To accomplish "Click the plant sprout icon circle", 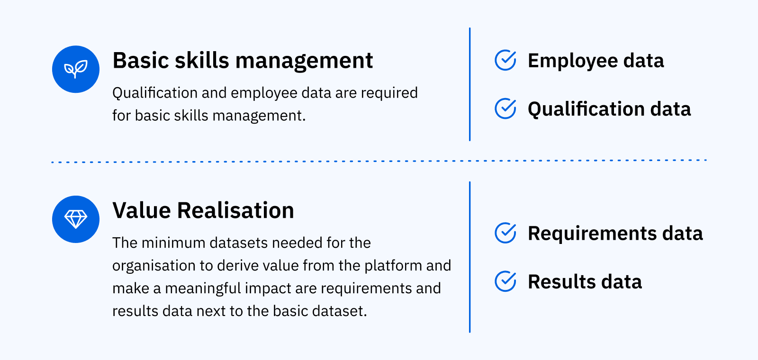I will pyautogui.click(x=76, y=69).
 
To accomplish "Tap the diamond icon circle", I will pyautogui.click(x=76, y=219).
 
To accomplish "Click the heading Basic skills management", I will pyautogui.click(x=243, y=61).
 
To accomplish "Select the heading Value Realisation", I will pyautogui.click(x=203, y=211).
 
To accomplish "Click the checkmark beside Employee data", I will pyautogui.click(x=505, y=60).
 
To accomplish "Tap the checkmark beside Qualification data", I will pyautogui.click(x=505, y=108).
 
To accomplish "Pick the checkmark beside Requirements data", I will pyautogui.click(x=505, y=233).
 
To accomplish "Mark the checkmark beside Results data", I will pyautogui.click(x=505, y=281).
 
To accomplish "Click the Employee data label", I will pyautogui.click(x=596, y=61).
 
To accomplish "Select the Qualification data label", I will pyautogui.click(x=609, y=109).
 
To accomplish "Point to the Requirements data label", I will pyautogui.click(x=615, y=234).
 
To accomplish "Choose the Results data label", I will pyautogui.click(x=585, y=282).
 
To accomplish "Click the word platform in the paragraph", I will pyautogui.click(x=393, y=266).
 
